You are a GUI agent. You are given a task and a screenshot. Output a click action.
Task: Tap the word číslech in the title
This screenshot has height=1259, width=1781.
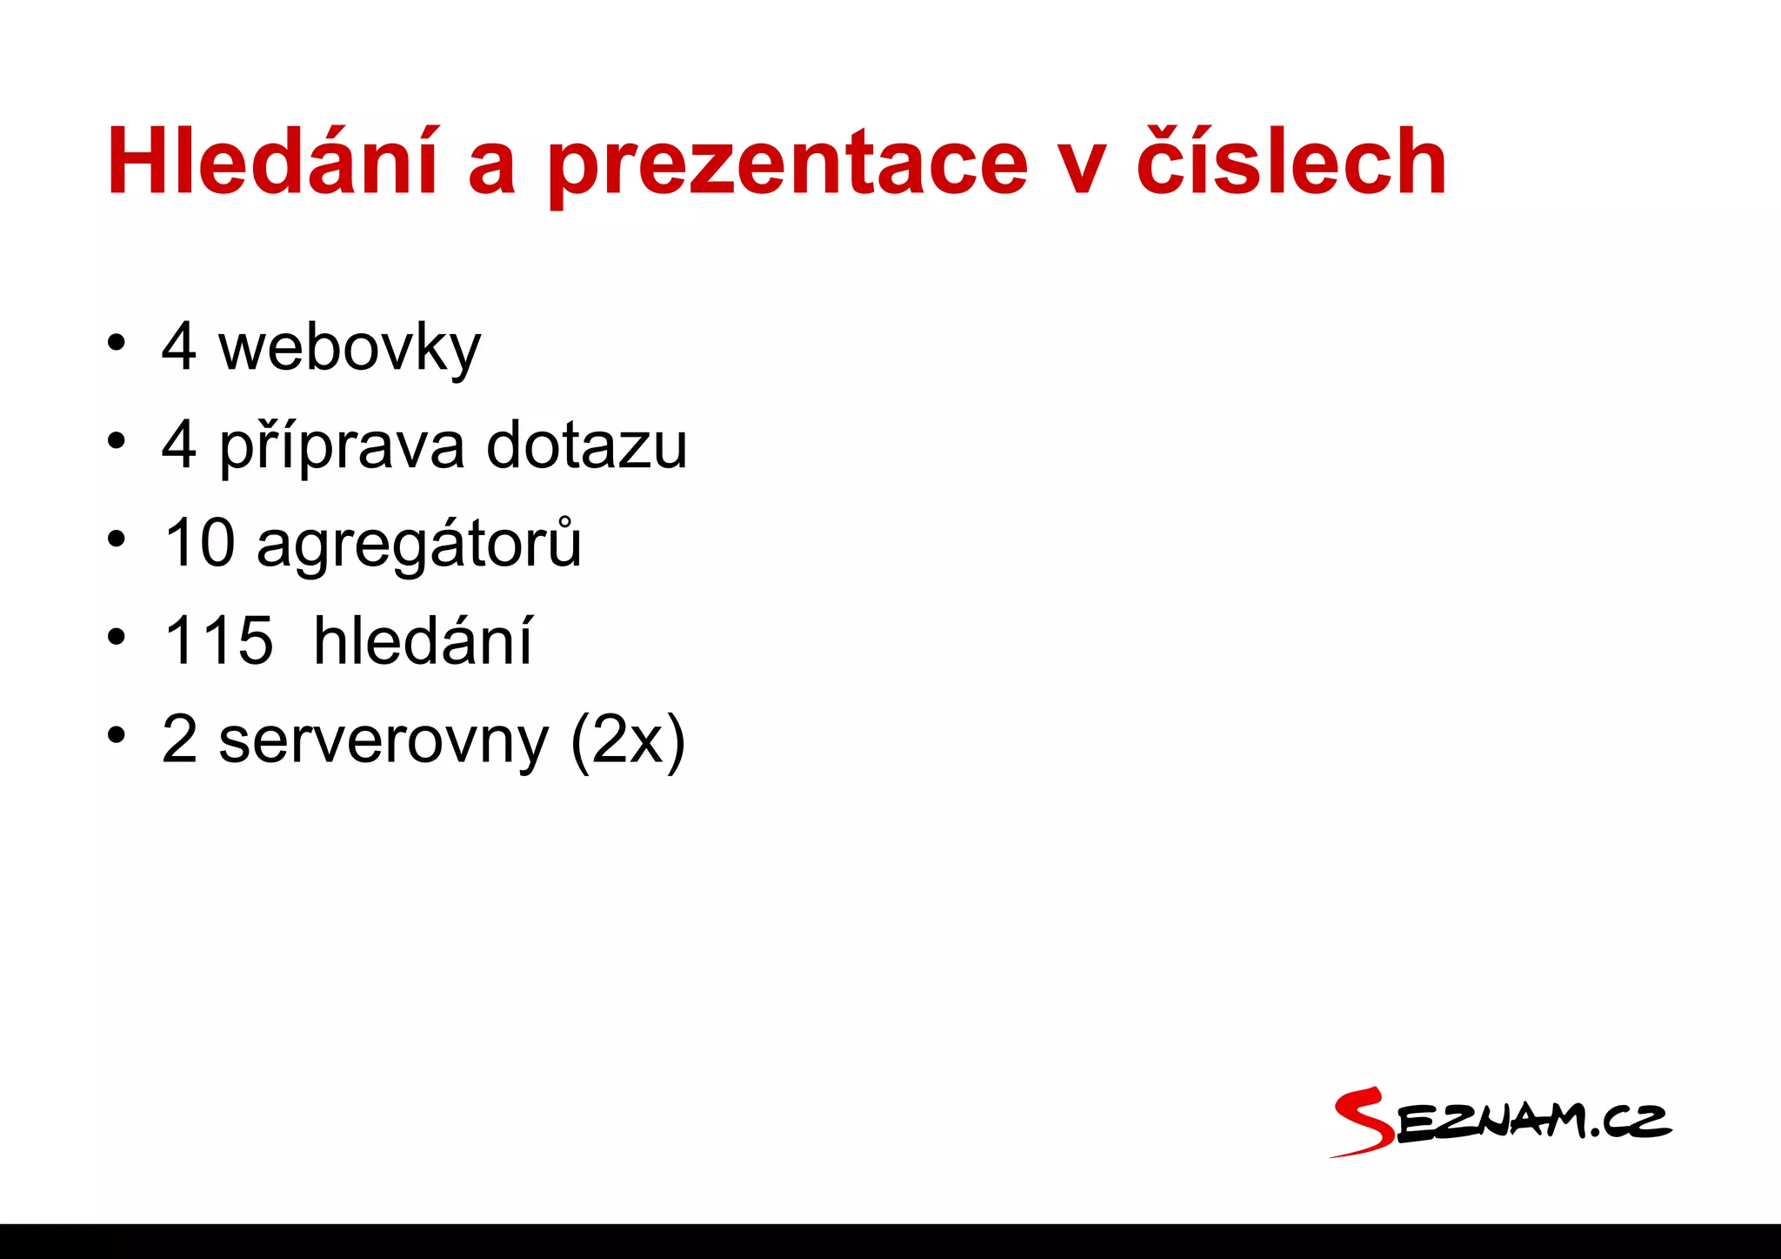1291,162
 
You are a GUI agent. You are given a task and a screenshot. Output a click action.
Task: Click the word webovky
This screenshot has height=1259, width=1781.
349,348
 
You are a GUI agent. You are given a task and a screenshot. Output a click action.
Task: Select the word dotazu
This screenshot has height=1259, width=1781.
586,445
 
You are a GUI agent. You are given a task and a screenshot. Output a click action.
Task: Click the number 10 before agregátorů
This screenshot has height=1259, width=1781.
199,543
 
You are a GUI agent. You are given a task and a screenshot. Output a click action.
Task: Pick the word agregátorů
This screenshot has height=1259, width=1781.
418,545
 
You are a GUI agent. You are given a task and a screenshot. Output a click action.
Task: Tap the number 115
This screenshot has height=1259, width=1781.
218,640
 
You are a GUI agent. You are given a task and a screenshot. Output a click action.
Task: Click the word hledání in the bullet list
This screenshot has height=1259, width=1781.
423,640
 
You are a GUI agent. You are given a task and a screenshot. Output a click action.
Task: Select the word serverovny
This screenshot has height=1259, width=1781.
384,740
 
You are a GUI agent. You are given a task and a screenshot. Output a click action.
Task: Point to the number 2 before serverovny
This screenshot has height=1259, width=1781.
179,740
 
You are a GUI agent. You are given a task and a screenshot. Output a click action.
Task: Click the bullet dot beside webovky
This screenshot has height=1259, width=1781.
116,343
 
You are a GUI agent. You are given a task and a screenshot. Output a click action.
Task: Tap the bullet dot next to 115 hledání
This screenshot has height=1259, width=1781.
116,637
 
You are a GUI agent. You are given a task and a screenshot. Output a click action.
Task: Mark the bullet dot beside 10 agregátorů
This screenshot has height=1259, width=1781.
116,539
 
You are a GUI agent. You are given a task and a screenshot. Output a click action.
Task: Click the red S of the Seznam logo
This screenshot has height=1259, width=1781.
1364,1122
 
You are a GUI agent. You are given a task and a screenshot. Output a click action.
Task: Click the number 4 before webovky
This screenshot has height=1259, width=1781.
178,346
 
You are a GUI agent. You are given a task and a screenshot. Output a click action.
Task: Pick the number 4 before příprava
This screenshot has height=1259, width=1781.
178,445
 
